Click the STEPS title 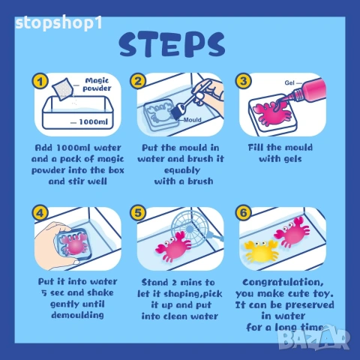pyautogui.click(x=172, y=44)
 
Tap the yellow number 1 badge pyautogui.click(x=40, y=81)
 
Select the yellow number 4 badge pyautogui.click(x=40, y=213)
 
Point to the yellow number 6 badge pyautogui.click(x=244, y=213)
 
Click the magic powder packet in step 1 pyautogui.click(x=63, y=89)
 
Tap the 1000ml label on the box pyautogui.click(x=94, y=122)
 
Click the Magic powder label pyautogui.click(x=97, y=85)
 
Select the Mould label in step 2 pyautogui.click(x=192, y=120)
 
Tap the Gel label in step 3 pyautogui.click(x=289, y=82)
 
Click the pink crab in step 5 pyautogui.click(x=173, y=247)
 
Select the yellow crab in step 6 pyautogui.click(x=261, y=251)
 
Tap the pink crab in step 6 pyautogui.click(x=292, y=232)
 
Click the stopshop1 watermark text pyautogui.click(x=58, y=23)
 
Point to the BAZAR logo pyautogui.click(x=314, y=340)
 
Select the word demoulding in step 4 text pyautogui.click(x=77, y=315)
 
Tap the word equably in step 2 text pyautogui.click(x=182, y=170)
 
